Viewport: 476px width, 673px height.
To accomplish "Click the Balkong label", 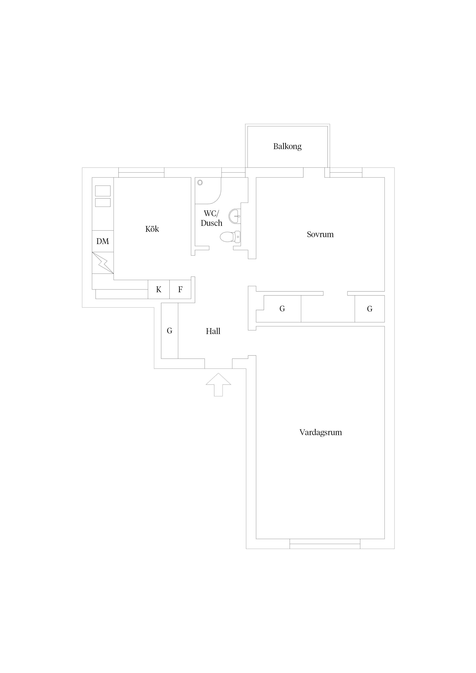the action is pyautogui.click(x=287, y=146).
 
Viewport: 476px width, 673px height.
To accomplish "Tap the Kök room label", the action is pyautogui.click(x=152, y=229).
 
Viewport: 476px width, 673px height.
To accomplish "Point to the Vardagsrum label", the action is pyautogui.click(x=321, y=432).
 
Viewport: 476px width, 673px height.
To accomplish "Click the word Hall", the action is pyautogui.click(x=213, y=331).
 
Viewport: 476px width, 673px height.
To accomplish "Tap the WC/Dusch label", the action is pyautogui.click(x=212, y=218).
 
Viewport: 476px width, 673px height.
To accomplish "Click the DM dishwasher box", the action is pyautogui.click(x=103, y=241).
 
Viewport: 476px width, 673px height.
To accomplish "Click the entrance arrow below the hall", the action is pyautogui.click(x=218, y=385).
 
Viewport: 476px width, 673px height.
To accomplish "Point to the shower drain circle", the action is pyautogui.click(x=200, y=182).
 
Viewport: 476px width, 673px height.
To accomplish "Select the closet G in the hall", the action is pyautogui.click(x=169, y=331).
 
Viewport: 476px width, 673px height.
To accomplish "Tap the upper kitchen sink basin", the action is pyautogui.click(x=103, y=191).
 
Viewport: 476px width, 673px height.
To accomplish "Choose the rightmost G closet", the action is pyautogui.click(x=369, y=309).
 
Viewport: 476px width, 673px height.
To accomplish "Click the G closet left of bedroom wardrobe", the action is pyautogui.click(x=282, y=309).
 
